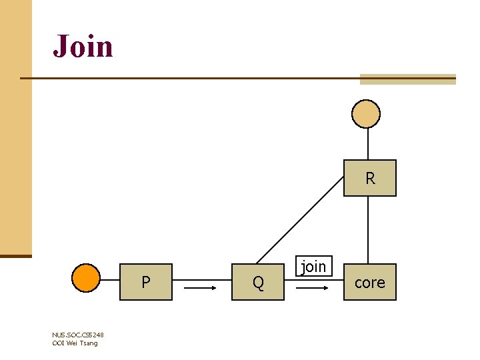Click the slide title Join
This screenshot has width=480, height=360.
click(x=83, y=46)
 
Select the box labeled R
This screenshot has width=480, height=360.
click(x=370, y=178)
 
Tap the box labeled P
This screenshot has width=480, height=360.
click(x=146, y=282)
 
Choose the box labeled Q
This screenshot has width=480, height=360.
click(x=258, y=282)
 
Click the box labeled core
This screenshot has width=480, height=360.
click(x=370, y=282)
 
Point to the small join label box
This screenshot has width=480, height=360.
click(x=313, y=267)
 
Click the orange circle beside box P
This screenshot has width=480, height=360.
click(x=86, y=278)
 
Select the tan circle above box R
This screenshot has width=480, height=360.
click(x=366, y=114)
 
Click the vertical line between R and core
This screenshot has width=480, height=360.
click(x=369, y=230)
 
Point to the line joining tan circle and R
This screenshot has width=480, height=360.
click(x=369, y=143)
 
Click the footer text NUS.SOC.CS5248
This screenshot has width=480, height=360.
click(x=77, y=335)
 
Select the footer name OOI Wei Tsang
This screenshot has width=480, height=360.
click(x=75, y=343)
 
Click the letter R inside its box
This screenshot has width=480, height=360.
click(x=370, y=179)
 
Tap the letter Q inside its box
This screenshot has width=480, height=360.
click(x=258, y=283)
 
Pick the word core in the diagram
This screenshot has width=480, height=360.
click(x=370, y=283)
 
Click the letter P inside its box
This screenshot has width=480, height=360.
click(x=146, y=282)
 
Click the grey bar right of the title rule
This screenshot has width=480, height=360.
click(x=407, y=79)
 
